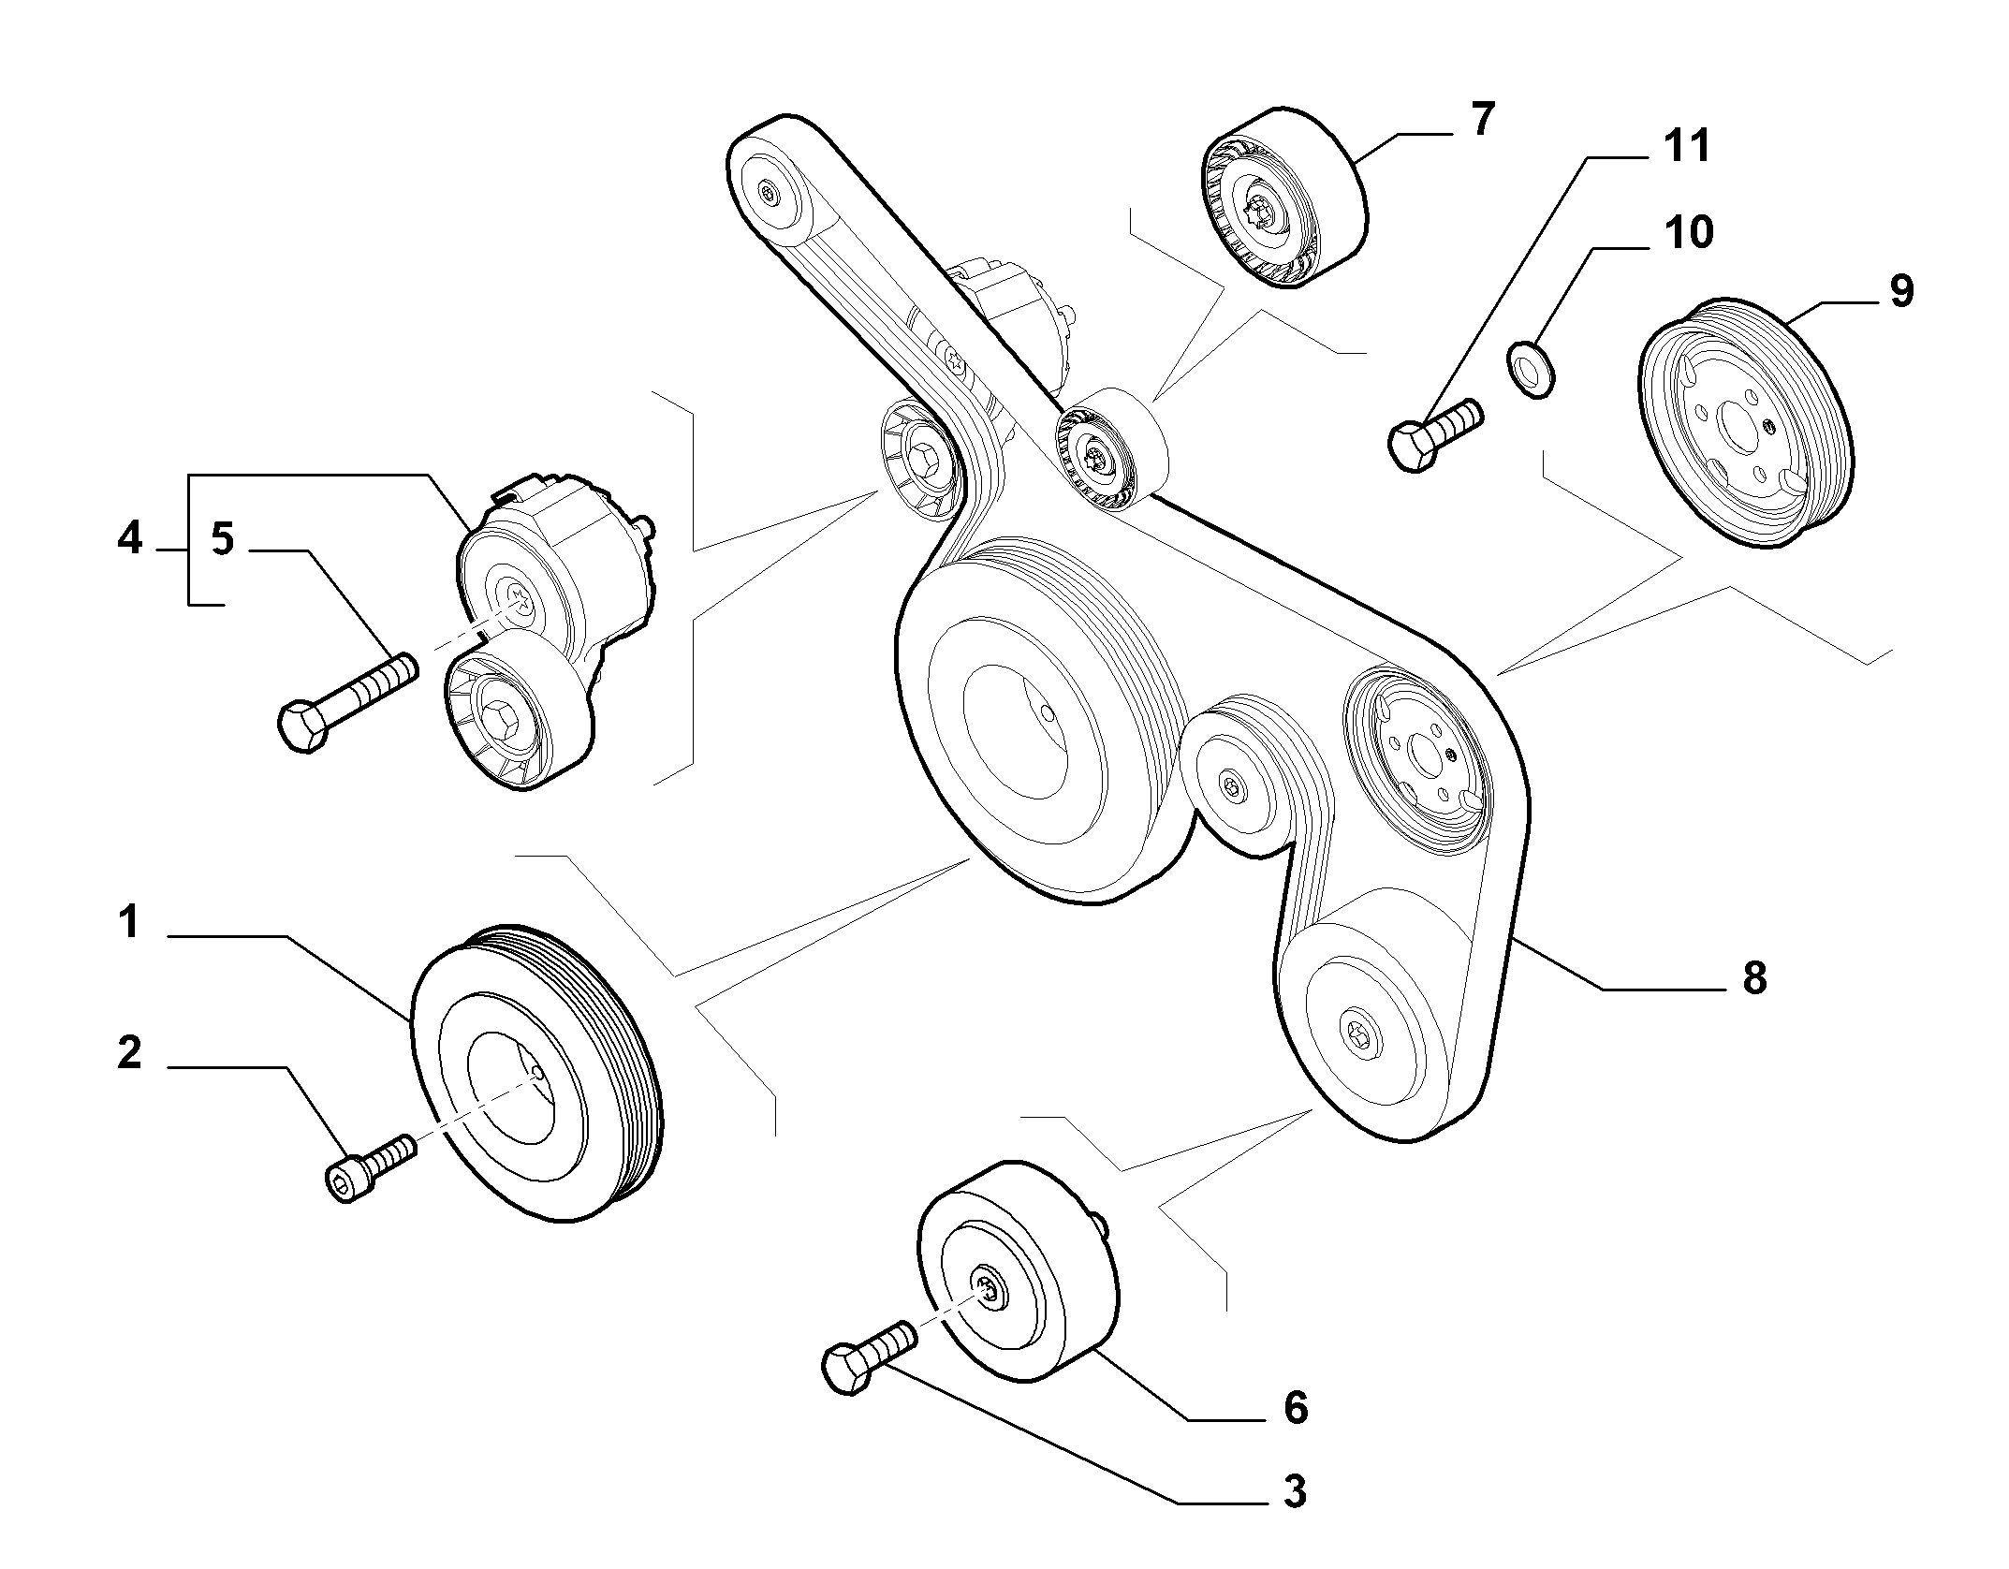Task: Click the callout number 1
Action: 129,923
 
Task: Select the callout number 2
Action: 129,1053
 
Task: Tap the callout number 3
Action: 1295,1491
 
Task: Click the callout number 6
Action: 1295,1407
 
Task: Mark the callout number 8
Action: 1753,978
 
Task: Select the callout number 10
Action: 1689,232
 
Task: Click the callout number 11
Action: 1687,146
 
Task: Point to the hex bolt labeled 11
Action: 1434,434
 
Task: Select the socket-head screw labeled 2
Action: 370,1166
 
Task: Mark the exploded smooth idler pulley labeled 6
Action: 1018,1270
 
